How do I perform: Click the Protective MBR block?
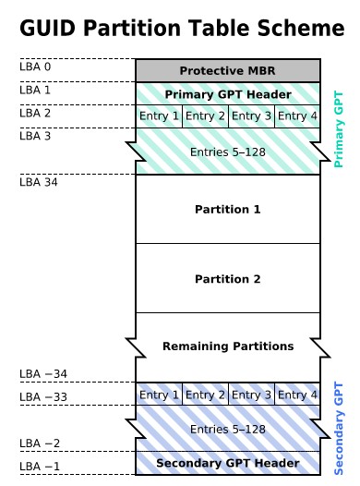[227, 71]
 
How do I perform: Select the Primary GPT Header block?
[227, 94]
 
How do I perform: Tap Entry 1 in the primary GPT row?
[159, 116]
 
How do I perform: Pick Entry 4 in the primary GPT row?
[297, 116]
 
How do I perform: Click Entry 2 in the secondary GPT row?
[205, 395]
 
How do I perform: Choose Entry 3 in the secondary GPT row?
[251, 395]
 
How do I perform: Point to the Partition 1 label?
[227, 210]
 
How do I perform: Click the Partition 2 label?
[227, 279]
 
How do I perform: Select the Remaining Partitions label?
[227, 346]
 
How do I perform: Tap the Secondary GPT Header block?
[227, 463]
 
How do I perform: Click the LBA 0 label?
[35, 67]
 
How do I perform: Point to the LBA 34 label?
[38, 182]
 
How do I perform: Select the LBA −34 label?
[42, 374]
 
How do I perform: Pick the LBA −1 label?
[39, 466]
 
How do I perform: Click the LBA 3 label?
[35, 136]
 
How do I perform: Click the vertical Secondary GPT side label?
[338, 427]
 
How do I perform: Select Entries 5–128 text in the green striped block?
[227, 152]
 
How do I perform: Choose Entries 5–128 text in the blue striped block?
[227, 430]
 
